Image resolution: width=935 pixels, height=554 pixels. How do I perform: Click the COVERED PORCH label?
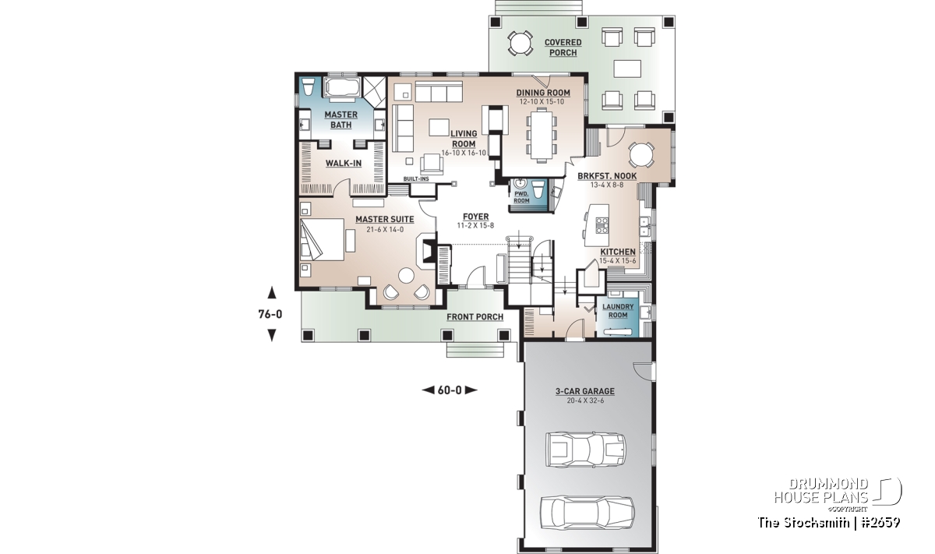pyautogui.click(x=563, y=48)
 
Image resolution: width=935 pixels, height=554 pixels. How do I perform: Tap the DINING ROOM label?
pyautogui.click(x=543, y=93)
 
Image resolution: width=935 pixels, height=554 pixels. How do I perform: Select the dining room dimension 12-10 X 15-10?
pyautogui.click(x=542, y=102)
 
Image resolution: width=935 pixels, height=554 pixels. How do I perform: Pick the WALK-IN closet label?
pyautogui.click(x=344, y=163)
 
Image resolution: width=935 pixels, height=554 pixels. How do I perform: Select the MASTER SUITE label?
pyautogui.click(x=384, y=219)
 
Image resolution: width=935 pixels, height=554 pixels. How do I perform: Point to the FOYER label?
pyautogui.click(x=475, y=217)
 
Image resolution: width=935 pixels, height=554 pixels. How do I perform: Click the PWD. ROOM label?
pyautogui.click(x=521, y=197)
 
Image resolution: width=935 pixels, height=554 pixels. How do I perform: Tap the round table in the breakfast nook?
pyautogui.click(x=642, y=155)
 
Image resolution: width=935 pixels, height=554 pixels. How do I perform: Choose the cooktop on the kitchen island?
pyautogui.click(x=602, y=225)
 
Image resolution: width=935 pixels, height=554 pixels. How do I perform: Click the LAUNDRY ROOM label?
pyautogui.click(x=618, y=311)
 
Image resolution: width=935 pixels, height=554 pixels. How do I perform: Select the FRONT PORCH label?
pyautogui.click(x=475, y=317)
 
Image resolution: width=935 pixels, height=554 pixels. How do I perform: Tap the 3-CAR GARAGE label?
pyautogui.click(x=585, y=391)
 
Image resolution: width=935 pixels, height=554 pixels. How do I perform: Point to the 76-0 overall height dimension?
pyautogui.click(x=270, y=314)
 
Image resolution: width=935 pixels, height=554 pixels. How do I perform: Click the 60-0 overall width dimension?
pyautogui.click(x=450, y=390)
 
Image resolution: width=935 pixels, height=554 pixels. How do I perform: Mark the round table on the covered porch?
pyautogui.click(x=520, y=43)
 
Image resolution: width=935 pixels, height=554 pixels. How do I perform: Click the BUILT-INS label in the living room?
pyautogui.click(x=416, y=179)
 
